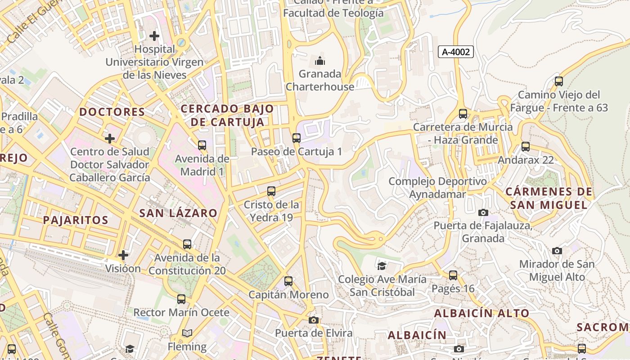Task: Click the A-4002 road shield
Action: (456, 52)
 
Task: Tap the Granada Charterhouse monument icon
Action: (320, 60)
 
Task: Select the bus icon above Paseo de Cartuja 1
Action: (296, 138)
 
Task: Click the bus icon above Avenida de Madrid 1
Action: (202, 145)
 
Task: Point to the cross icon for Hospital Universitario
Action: (154, 36)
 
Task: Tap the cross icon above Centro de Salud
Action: (109, 138)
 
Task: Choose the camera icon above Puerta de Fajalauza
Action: (483, 212)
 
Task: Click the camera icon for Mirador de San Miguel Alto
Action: (557, 251)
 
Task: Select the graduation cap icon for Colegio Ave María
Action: (382, 266)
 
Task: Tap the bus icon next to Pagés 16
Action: (453, 275)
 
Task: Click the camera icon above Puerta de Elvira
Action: (314, 320)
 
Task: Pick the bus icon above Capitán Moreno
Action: (288, 281)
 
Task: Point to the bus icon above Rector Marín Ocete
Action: (181, 299)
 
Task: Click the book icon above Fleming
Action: (187, 333)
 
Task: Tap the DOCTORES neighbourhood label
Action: (112, 112)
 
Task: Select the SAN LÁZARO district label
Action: (178, 213)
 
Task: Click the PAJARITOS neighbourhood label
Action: (76, 220)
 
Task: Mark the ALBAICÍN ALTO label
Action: (482, 313)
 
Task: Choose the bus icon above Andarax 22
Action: (525, 146)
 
